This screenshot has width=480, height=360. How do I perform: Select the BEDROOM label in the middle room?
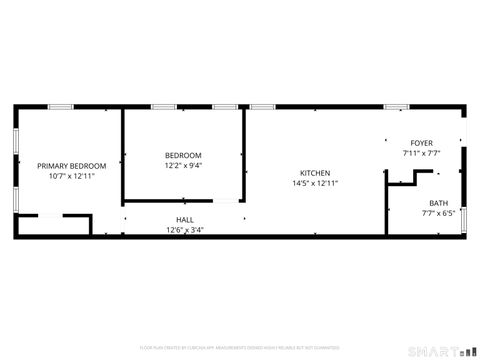[x=183, y=155]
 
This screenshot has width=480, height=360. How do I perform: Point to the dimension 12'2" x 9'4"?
[x=183, y=166]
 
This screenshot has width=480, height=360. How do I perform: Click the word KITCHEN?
[x=315, y=173]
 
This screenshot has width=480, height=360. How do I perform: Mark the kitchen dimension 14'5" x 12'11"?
[x=315, y=183]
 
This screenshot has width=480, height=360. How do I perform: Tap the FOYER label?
[x=421, y=143]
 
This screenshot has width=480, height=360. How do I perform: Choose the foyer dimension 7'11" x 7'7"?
[x=421, y=153]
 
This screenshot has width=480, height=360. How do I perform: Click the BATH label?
[x=438, y=202]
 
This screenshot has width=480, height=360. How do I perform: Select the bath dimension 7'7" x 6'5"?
[x=438, y=212]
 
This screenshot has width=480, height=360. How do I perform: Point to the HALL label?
[x=185, y=219]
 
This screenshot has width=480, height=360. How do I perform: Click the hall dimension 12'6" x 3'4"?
[x=185, y=229]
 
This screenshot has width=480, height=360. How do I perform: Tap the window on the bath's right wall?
[x=464, y=219]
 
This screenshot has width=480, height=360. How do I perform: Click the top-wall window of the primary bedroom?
[x=61, y=106]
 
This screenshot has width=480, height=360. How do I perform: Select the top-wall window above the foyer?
[x=397, y=106]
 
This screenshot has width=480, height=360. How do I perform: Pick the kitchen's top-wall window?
[x=262, y=106]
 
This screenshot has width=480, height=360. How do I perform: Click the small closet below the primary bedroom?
[x=53, y=226]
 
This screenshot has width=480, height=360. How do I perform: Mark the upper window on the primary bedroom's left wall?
[x=15, y=141]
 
